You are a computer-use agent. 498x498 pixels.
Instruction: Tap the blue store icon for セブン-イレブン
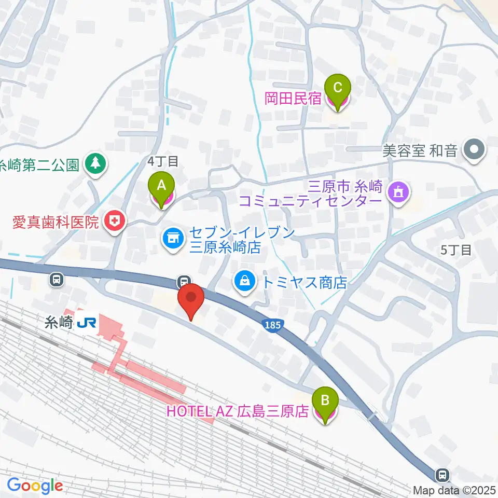pyautogui.click(x=172, y=239)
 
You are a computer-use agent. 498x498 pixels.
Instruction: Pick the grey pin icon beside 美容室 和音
pyautogui.click(x=474, y=150)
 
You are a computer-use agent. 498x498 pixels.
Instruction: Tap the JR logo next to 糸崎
pyautogui.click(x=86, y=323)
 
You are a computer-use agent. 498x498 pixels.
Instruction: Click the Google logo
pyautogui.click(x=35, y=486)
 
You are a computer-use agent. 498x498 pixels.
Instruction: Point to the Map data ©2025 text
pyautogui.click(x=454, y=490)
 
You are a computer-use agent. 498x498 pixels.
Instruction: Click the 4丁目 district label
pyautogui.click(x=163, y=161)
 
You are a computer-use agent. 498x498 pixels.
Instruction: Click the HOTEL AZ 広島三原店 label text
pyautogui.click(x=238, y=412)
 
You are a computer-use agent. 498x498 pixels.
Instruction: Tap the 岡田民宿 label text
pyautogui.click(x=293, y=99)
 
